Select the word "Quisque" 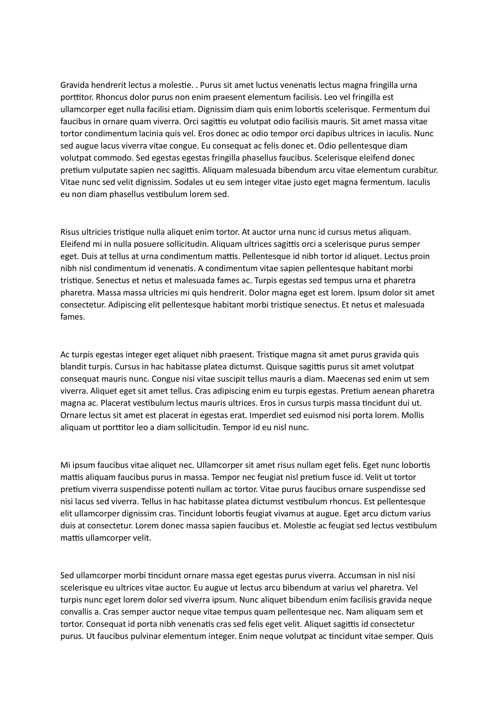coord(280,367)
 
